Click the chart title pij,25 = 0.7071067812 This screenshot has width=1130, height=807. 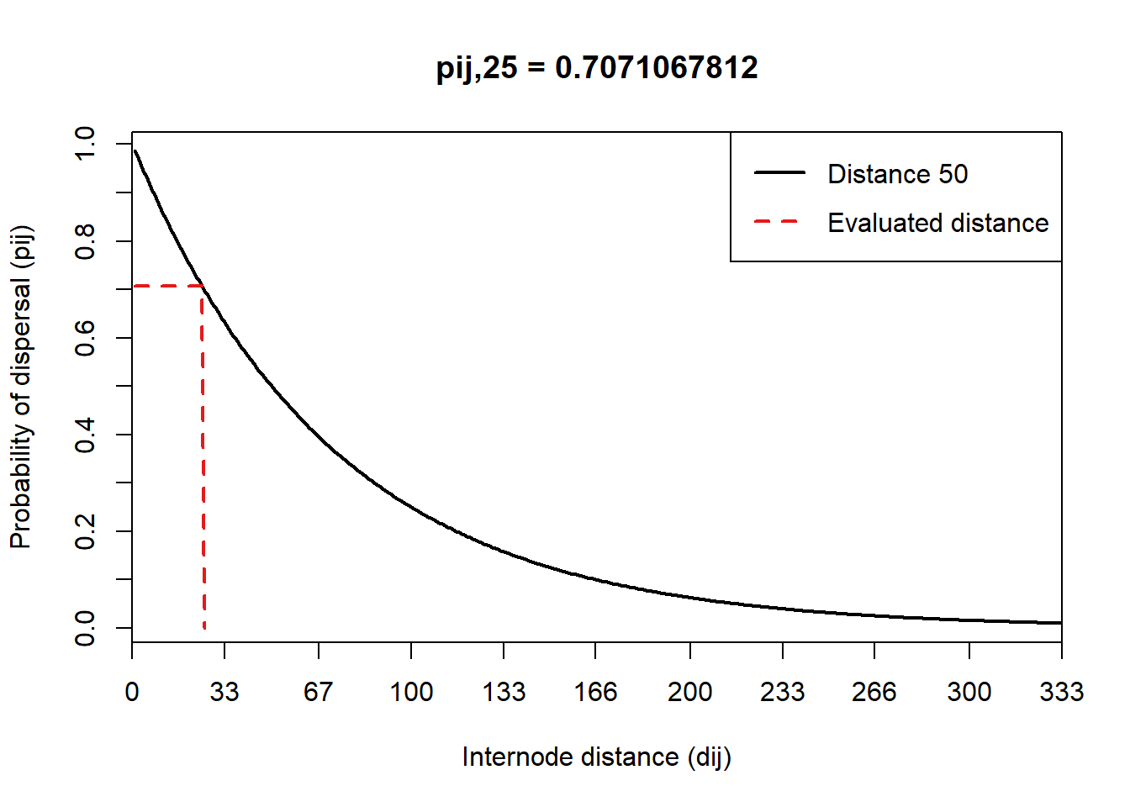[597, 67]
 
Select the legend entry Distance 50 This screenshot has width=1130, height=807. [897, 174]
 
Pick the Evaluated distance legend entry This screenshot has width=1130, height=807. [937, 223]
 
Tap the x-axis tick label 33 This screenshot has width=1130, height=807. [224, 692]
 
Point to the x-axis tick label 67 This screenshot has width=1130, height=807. [318, 692]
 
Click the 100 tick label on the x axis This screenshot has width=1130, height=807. [411, 692]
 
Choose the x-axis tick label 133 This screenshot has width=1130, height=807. [504, 692]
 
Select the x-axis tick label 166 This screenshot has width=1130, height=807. [595, 692]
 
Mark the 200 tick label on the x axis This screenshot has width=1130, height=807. [690, 692]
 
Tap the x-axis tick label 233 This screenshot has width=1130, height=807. [783, 692]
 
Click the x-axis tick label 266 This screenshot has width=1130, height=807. [874, 692]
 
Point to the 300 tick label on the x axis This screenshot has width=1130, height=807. [969, 692]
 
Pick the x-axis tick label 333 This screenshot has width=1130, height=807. [1061, 692]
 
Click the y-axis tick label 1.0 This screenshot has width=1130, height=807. [86, 145]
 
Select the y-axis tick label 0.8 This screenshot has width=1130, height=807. [86, 241]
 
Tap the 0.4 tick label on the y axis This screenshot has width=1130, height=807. [86, 435]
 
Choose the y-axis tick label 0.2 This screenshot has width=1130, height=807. [86, 531]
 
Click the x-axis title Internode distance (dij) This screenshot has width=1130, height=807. [597, 757]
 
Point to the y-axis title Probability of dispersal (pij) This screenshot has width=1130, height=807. [21, 387]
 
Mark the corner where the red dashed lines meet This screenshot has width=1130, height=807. [203, 286]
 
